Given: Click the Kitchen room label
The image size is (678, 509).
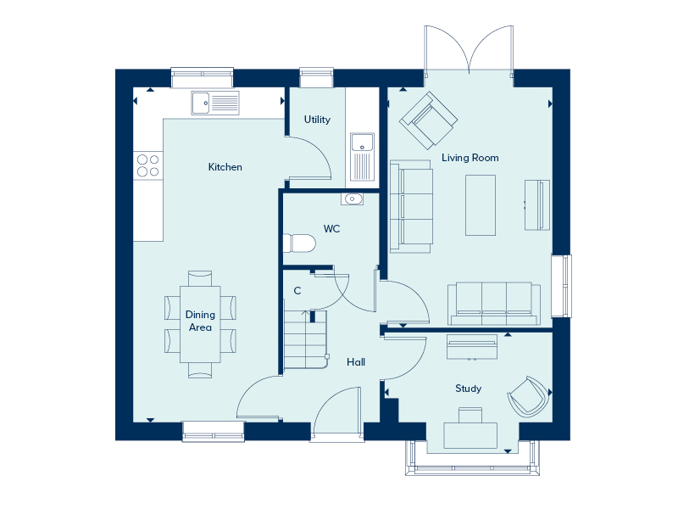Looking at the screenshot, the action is tap(225, 167).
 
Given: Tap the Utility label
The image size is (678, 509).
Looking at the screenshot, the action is tap(317, 120).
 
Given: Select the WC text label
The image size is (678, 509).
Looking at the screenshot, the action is tap(331, 228).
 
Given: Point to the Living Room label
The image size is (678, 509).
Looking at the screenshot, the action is tap(470, 158).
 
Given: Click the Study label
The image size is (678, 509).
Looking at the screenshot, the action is tap(469, 389).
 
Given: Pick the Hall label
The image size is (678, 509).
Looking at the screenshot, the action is tap(356, 362).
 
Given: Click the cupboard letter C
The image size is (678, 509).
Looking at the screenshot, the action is tap(297, 291).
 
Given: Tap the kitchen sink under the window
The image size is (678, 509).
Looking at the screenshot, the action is tap(215, 103).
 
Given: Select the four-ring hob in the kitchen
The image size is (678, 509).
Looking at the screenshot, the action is tap(147, 165).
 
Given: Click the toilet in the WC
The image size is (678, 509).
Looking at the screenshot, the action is tap(300, 243).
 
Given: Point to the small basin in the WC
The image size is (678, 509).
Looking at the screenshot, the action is tap(352, 199).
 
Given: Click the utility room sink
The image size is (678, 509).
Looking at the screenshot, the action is tap(363, 157).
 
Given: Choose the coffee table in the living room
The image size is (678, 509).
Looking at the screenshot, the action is tap(481, 205).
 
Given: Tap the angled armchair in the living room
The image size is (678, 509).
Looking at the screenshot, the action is tap(428, 120).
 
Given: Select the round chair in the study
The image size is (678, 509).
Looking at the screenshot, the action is tap(528, 396).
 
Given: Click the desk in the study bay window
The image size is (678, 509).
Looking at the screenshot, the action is tap(470, 435).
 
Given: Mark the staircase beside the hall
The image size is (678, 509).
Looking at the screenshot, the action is tap(305, 340).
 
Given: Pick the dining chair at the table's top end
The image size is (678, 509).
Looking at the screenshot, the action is tap(200, 278).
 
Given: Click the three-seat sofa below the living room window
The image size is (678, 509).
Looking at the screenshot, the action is tap(494, 304).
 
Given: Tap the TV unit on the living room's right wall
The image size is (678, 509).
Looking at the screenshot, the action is tap(537, 204).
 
